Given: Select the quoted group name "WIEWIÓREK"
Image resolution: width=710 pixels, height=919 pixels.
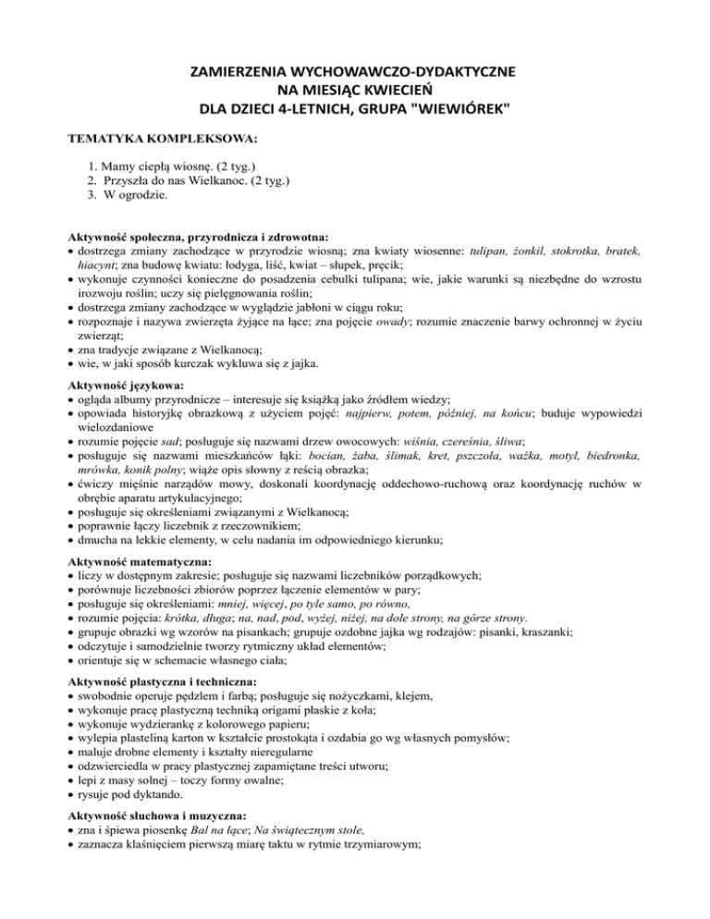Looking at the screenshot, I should [460, 111].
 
